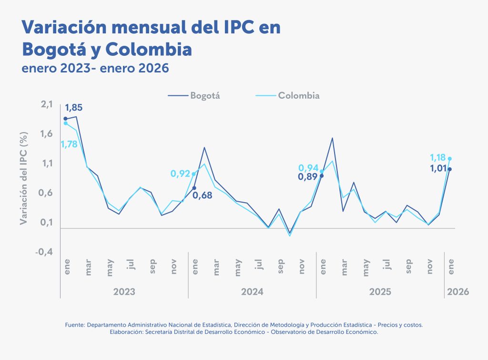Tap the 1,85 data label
coord(74,108)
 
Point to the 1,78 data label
coord(69,144)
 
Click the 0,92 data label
coord(181,174)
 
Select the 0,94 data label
coord(308,167)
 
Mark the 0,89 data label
coord(308,177)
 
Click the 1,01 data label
coord(437,168)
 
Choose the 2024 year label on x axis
coord(252,291)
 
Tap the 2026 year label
coord(457,291)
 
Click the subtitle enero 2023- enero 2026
coord(95,68)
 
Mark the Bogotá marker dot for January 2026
coord(449,169)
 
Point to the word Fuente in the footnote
coord(75,325)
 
